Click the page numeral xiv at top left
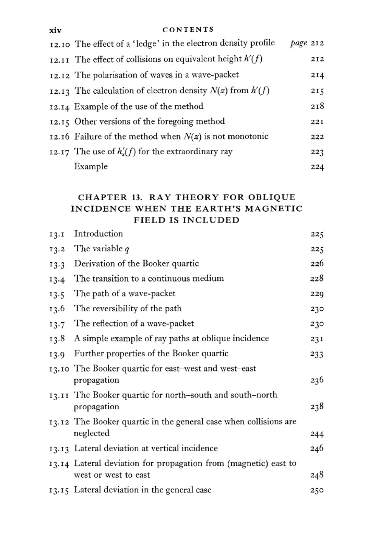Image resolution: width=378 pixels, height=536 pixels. point(55,30)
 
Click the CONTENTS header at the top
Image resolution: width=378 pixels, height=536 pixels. point(188,29)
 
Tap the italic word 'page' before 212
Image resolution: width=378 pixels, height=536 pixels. point(299,43)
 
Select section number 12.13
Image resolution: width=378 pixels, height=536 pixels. point(60,91)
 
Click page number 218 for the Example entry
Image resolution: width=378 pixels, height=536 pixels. point(317,107)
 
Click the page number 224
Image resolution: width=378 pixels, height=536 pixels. point(317,167)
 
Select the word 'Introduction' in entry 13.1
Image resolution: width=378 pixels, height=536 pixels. point(98,234)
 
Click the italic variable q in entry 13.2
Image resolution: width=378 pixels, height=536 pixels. point(127,249)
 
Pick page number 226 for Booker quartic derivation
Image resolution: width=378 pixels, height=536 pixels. point(317,264)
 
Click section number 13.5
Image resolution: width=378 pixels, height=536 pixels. point(57,294)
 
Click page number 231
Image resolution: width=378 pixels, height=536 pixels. point(317,339)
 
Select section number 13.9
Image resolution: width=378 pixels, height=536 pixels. point(57,354)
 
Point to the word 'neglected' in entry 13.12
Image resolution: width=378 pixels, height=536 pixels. point(91,433)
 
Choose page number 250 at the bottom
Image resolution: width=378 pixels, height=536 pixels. point(317,491)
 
